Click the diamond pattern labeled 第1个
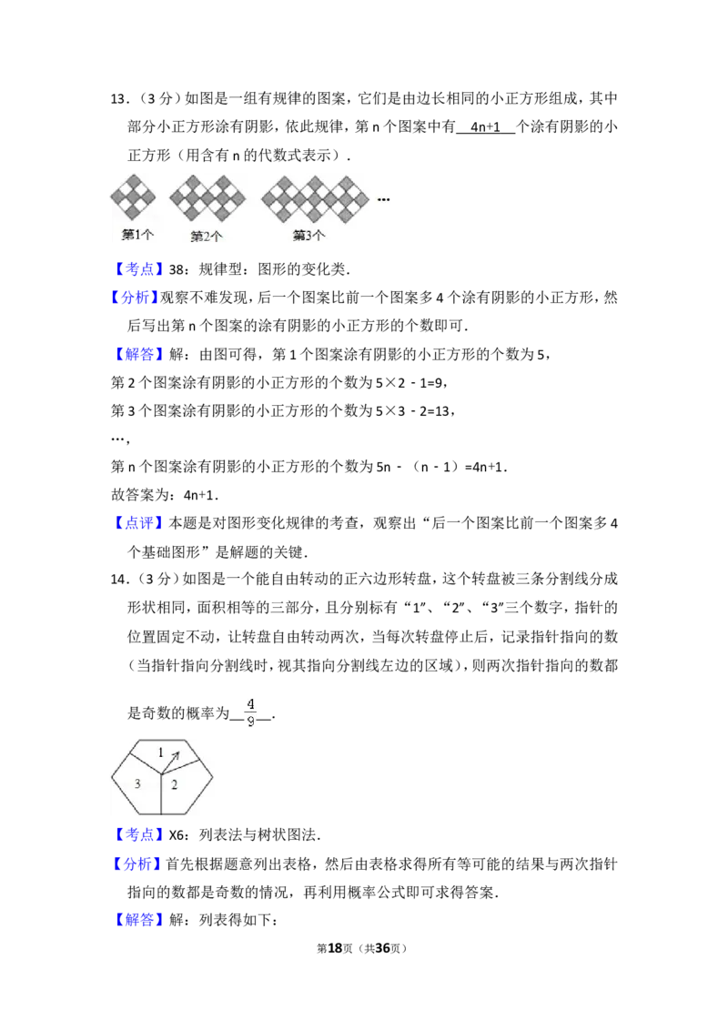coord(133,197)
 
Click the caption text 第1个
coord(137,235)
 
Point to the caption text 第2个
coord(207,237)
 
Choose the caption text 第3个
coord(308,235)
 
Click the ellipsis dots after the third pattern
coord(384,199)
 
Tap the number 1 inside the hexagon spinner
coord(161,752)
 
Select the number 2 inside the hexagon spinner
coord(174,784)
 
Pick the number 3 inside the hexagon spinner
coord(137,783)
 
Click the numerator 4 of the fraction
coord(250,703)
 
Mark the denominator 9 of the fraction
coord(250,723)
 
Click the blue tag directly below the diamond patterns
coord(141,269)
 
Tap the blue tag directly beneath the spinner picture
coord(141,834)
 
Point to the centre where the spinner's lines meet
coord(161,775)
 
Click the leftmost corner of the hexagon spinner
coord(112,778)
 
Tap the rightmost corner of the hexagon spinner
coord(215,776)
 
